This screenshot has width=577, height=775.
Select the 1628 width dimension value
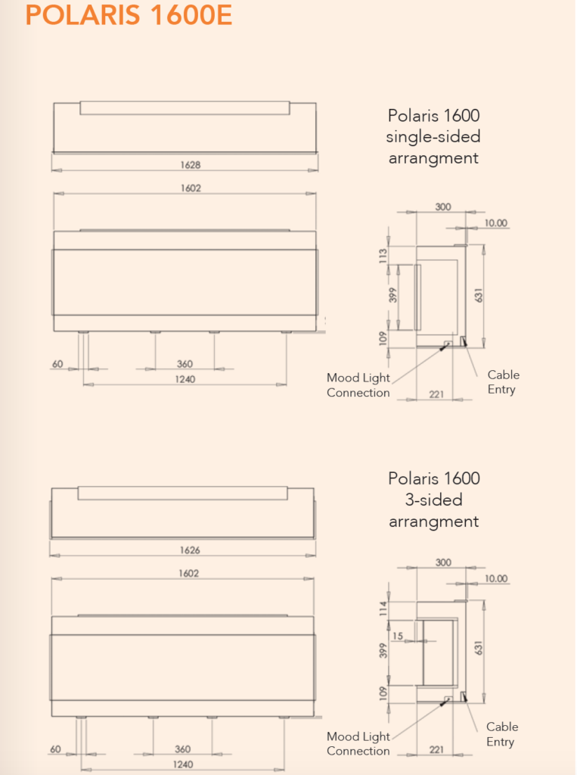pos(191,164)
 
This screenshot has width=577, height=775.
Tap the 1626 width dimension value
pos(189,550)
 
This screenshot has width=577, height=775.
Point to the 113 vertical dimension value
pos(383,256)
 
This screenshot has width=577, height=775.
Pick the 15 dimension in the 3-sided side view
pos(398,636)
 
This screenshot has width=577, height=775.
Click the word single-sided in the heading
pos(433,137)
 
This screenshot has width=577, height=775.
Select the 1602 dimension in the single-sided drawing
pos(191,188)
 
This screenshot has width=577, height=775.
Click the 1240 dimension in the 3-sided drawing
pos(182,764)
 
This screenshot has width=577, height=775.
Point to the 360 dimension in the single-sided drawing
pos(185,364)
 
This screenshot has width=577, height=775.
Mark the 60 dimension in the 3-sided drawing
pos(54,749)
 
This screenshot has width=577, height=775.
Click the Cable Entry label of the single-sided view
pos(503,382)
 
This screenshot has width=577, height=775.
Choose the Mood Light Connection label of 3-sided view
pos(358,743)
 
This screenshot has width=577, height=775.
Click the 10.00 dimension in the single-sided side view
pos(496,223)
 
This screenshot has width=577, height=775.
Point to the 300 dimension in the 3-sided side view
pos(443,562)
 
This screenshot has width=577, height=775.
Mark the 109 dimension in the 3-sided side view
pos(383,693)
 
